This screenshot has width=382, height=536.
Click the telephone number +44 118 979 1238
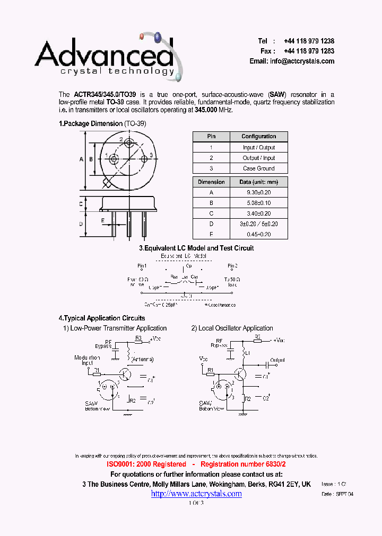click(309, 41)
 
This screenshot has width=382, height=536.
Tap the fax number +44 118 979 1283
click(309, 51)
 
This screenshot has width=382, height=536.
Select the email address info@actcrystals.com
click(302, 61)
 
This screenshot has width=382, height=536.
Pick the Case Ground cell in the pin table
click(258, 168)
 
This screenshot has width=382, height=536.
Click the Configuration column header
click(258, 137)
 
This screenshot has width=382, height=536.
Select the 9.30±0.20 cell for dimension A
click(258, 193)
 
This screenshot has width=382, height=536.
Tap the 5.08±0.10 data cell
click(258, 203)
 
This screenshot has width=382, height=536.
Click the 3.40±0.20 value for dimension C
click(258, 213)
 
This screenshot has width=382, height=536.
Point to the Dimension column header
click(211, 182)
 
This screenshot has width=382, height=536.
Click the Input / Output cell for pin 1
click(258, 148)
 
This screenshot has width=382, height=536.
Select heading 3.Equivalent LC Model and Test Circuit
click(196, 248)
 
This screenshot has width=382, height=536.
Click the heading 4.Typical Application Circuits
click(102, 318)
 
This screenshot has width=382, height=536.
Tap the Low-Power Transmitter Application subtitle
click(115, 328)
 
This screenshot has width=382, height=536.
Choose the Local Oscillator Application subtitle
click(232, 328)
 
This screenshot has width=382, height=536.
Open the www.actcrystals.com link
click(196, 494)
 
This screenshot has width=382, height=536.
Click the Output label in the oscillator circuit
click(277, 360)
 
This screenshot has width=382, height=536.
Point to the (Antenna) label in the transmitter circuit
click(143, 360)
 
